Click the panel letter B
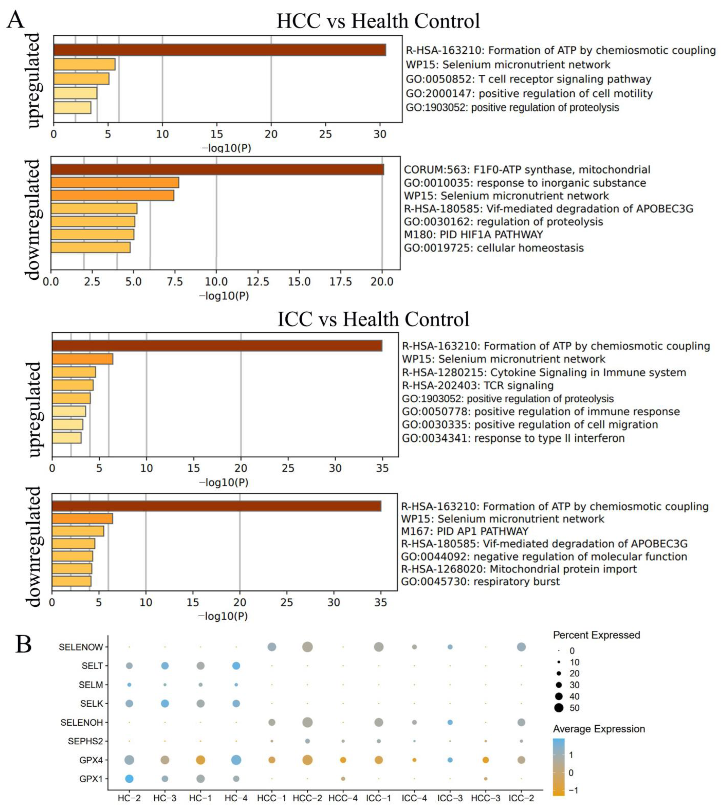pyautogui.click(x=24, y=645)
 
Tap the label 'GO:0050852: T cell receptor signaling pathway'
pyautogui.click(x=528, y=79)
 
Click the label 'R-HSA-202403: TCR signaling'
pyautogui.click(x=478, y=386)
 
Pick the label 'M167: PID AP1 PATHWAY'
pyautogui.click(x=465, y=531)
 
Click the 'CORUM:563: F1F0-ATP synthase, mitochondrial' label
pyautogui.click(x=527, y=170)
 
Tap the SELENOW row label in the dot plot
pyautogui.click(x=81, y=647)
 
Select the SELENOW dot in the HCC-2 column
pyautogui.click(x=307, y=647)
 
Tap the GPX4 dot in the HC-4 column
pyautogui.click(x=236, y=760)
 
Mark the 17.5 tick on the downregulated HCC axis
pyautogui.click(x=341, y=282)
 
